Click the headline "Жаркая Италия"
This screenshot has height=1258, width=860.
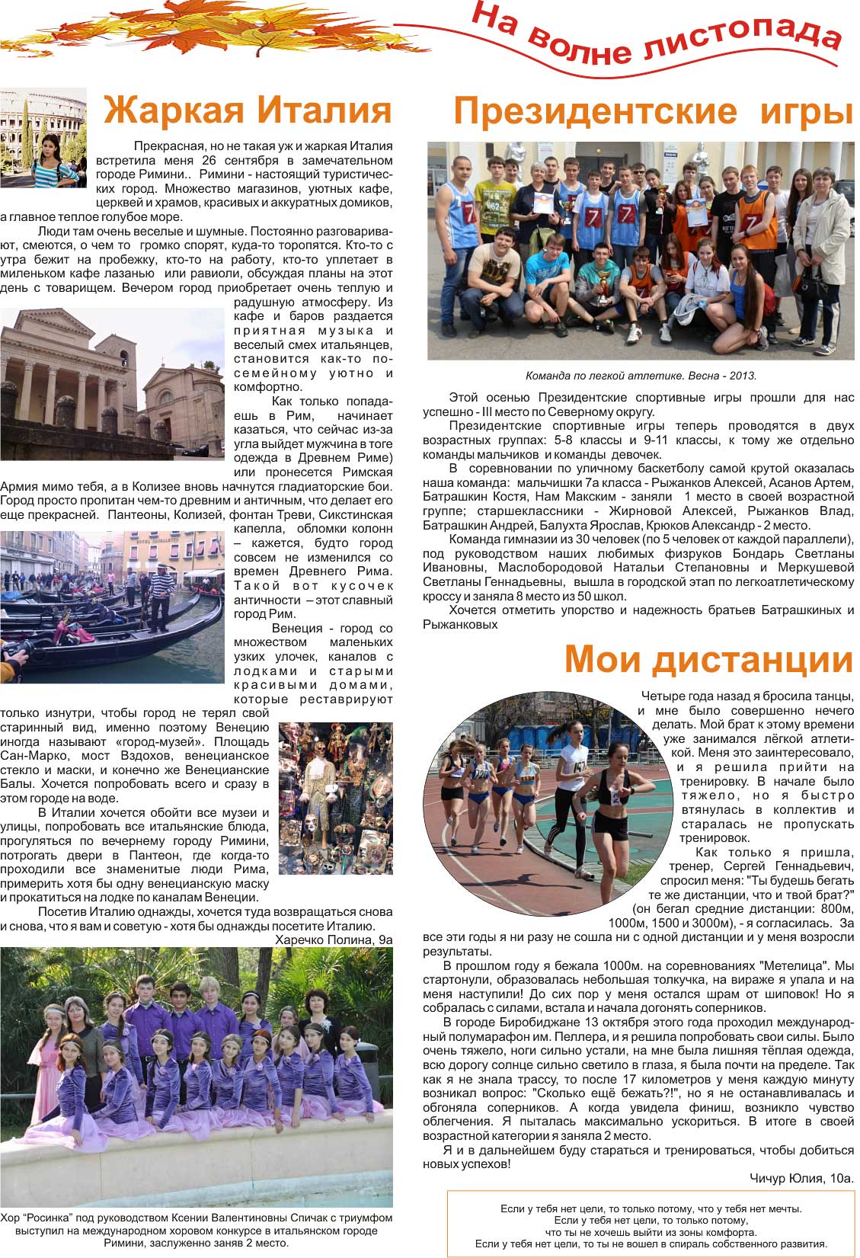click(x=248, y=110)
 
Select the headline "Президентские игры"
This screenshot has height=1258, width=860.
click(x=652, y=112)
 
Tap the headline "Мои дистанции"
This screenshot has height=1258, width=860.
click(x=708, y=659)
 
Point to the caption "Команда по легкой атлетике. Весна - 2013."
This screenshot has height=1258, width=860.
click(x=641, y=376)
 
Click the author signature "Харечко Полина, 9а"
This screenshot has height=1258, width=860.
click(x=334, y=939)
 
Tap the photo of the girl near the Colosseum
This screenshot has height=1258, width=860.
click(x=43, y=138)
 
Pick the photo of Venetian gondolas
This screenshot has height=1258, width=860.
click(x=112, y=607)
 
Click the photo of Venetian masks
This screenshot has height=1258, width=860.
click(x=335, y=798)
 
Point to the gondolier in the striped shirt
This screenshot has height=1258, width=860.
click(x=159, y=594)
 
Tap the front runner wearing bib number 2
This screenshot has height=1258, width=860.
click(x=613, y=800)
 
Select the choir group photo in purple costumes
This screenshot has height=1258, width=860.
click(x=197, y=1076)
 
